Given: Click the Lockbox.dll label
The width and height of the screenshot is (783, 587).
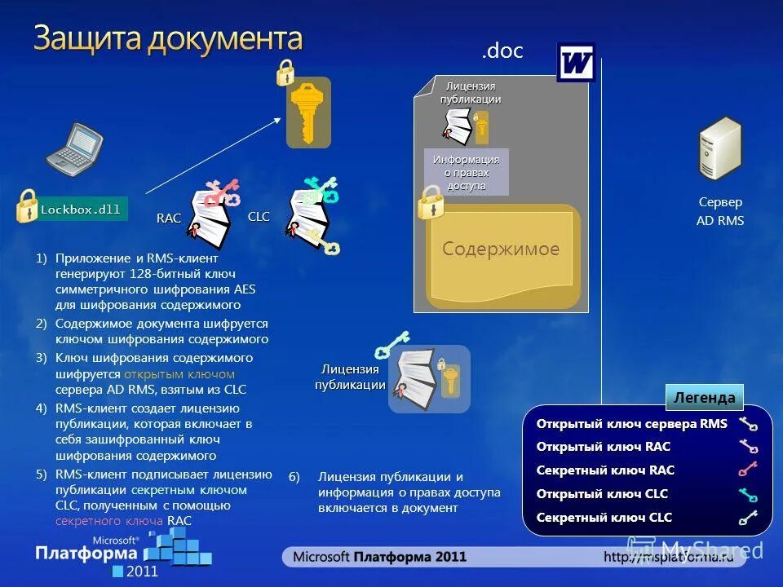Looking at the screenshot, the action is click(x=80, y=210).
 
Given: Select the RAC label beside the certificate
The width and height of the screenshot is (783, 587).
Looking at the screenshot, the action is click(x=169, y=218).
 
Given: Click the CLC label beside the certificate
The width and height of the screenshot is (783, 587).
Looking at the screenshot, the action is click(x=259, y=216).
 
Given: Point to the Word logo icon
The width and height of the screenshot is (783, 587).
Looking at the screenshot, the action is click(x=576, y=63).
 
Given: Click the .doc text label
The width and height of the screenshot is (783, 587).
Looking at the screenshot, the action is click(x=502, y=51).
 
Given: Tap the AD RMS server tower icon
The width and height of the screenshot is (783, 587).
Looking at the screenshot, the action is click(x=719, y=148).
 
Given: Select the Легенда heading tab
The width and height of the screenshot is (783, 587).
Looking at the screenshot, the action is click(x=705, y=398).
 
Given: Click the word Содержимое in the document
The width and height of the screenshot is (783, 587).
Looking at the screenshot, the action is click(x=501, y=249).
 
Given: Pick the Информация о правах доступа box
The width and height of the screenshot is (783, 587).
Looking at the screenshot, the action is click(x=467, y=172).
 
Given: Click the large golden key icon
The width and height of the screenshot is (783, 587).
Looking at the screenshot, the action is click(x=307, y=113).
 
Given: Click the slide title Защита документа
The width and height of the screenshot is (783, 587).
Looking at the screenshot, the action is click(x=168, y=38).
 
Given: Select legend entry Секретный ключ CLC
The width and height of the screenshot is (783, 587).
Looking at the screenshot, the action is click(x=604, y=517).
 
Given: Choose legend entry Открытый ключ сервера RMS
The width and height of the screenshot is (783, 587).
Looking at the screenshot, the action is click(x=631, y=424).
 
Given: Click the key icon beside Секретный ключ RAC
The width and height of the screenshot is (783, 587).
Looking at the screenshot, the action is click(x=747, y=470).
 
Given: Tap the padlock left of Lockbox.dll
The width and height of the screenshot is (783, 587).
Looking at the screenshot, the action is click(x=28, y=206).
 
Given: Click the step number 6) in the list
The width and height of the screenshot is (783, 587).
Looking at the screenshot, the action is click(x=294, y=477).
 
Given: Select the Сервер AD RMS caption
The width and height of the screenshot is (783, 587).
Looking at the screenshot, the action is click(x=720, y=211).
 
